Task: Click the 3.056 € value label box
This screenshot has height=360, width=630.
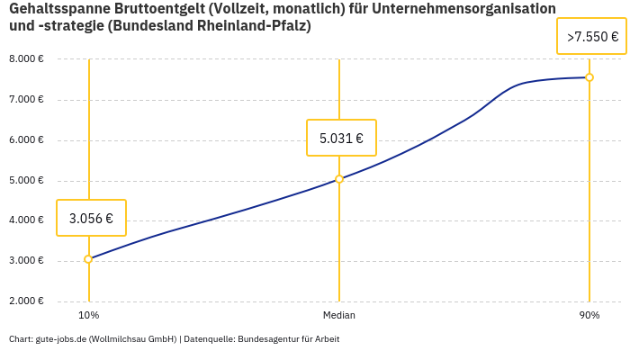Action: pyautogui.click(x=91, y=218)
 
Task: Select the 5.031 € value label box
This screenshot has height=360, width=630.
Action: pyautogui.click(x=341, y=138)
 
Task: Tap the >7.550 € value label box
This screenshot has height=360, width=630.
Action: pyautogui.click(x=592, y=37)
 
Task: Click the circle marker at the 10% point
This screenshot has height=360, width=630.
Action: pyautogui.click(x=88, y=259)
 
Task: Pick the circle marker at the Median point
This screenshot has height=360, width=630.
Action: pyautogui.click(x=339, y=179)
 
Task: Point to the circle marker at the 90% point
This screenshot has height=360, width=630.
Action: pyautogui.click(x=589, y=77)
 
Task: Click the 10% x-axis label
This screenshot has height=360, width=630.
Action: pyautogui.click(x=88, y=315)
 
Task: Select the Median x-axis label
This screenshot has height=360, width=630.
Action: pyautogui.click(x=339, y=315)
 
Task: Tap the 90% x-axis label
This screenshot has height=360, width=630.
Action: pyautogui.click(x=589, y=315)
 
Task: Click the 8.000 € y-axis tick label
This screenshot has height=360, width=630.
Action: pyautogui.click(x=26, y=59)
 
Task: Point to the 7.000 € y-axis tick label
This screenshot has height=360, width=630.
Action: pyautogui.click(x=26, y=100)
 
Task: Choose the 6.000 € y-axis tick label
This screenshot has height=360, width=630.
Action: pyautogui.click(x=26, y=140)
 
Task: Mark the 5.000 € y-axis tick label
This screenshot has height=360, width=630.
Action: pyautogui.click(x=26, y=181)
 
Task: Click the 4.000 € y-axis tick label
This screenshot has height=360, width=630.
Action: pyautogui.click(x=26, y=220)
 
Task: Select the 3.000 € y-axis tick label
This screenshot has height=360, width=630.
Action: pyautogui.click(x=26, y=261)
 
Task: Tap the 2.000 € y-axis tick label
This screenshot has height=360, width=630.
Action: pyautogui.click(x=26, y=301)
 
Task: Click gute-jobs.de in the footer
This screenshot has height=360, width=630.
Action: pyautogui.click(x=60, y=339)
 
